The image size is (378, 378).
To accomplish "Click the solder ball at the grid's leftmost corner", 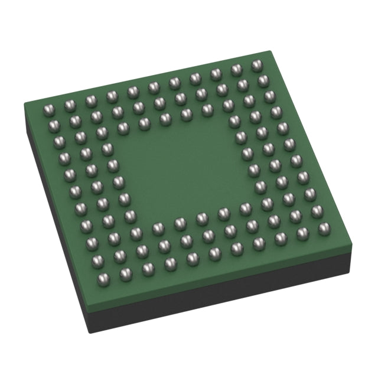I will (49, 109).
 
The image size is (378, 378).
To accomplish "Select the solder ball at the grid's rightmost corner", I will (324, 228).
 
